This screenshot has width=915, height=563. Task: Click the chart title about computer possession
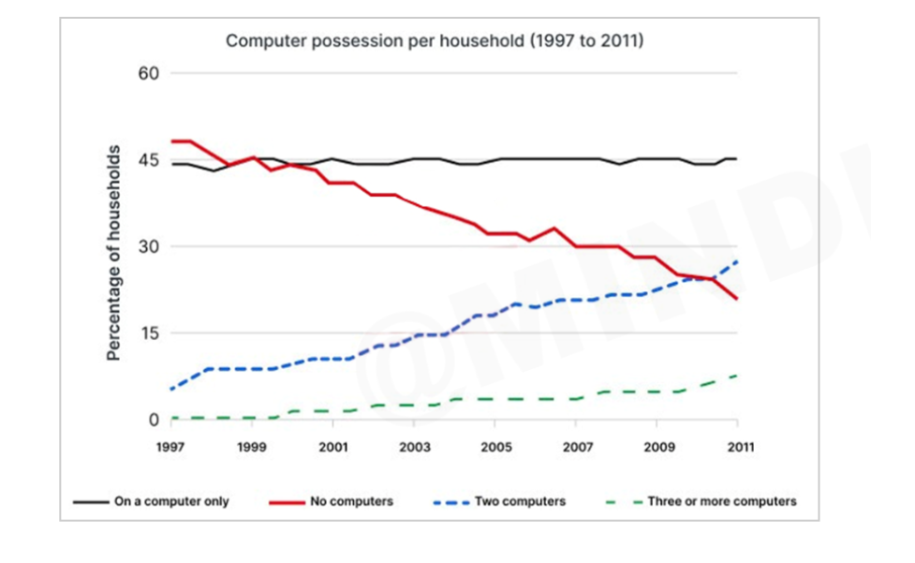point(435,41)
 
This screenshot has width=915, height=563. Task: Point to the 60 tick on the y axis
point(150,74)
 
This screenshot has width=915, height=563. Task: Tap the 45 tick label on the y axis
point(150,160)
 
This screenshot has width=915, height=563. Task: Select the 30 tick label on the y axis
point(150,247)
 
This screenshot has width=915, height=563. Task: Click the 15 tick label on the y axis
point(150,333)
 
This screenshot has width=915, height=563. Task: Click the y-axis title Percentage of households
point(113,253)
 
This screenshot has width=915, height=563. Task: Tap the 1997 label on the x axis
point(171,447)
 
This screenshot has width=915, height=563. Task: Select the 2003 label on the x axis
point(414,447)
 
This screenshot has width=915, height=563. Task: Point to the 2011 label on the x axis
point(738,447)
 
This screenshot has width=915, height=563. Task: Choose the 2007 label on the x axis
point(576,447)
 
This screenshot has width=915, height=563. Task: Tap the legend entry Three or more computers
point(721,501)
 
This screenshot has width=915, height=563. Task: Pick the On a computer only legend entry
point(171,501)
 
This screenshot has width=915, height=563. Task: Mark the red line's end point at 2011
point(738,299)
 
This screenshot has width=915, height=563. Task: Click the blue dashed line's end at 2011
point(738,261)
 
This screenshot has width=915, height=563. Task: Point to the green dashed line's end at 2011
point(738,375)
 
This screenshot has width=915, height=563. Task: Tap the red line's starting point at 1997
point(172,141)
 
